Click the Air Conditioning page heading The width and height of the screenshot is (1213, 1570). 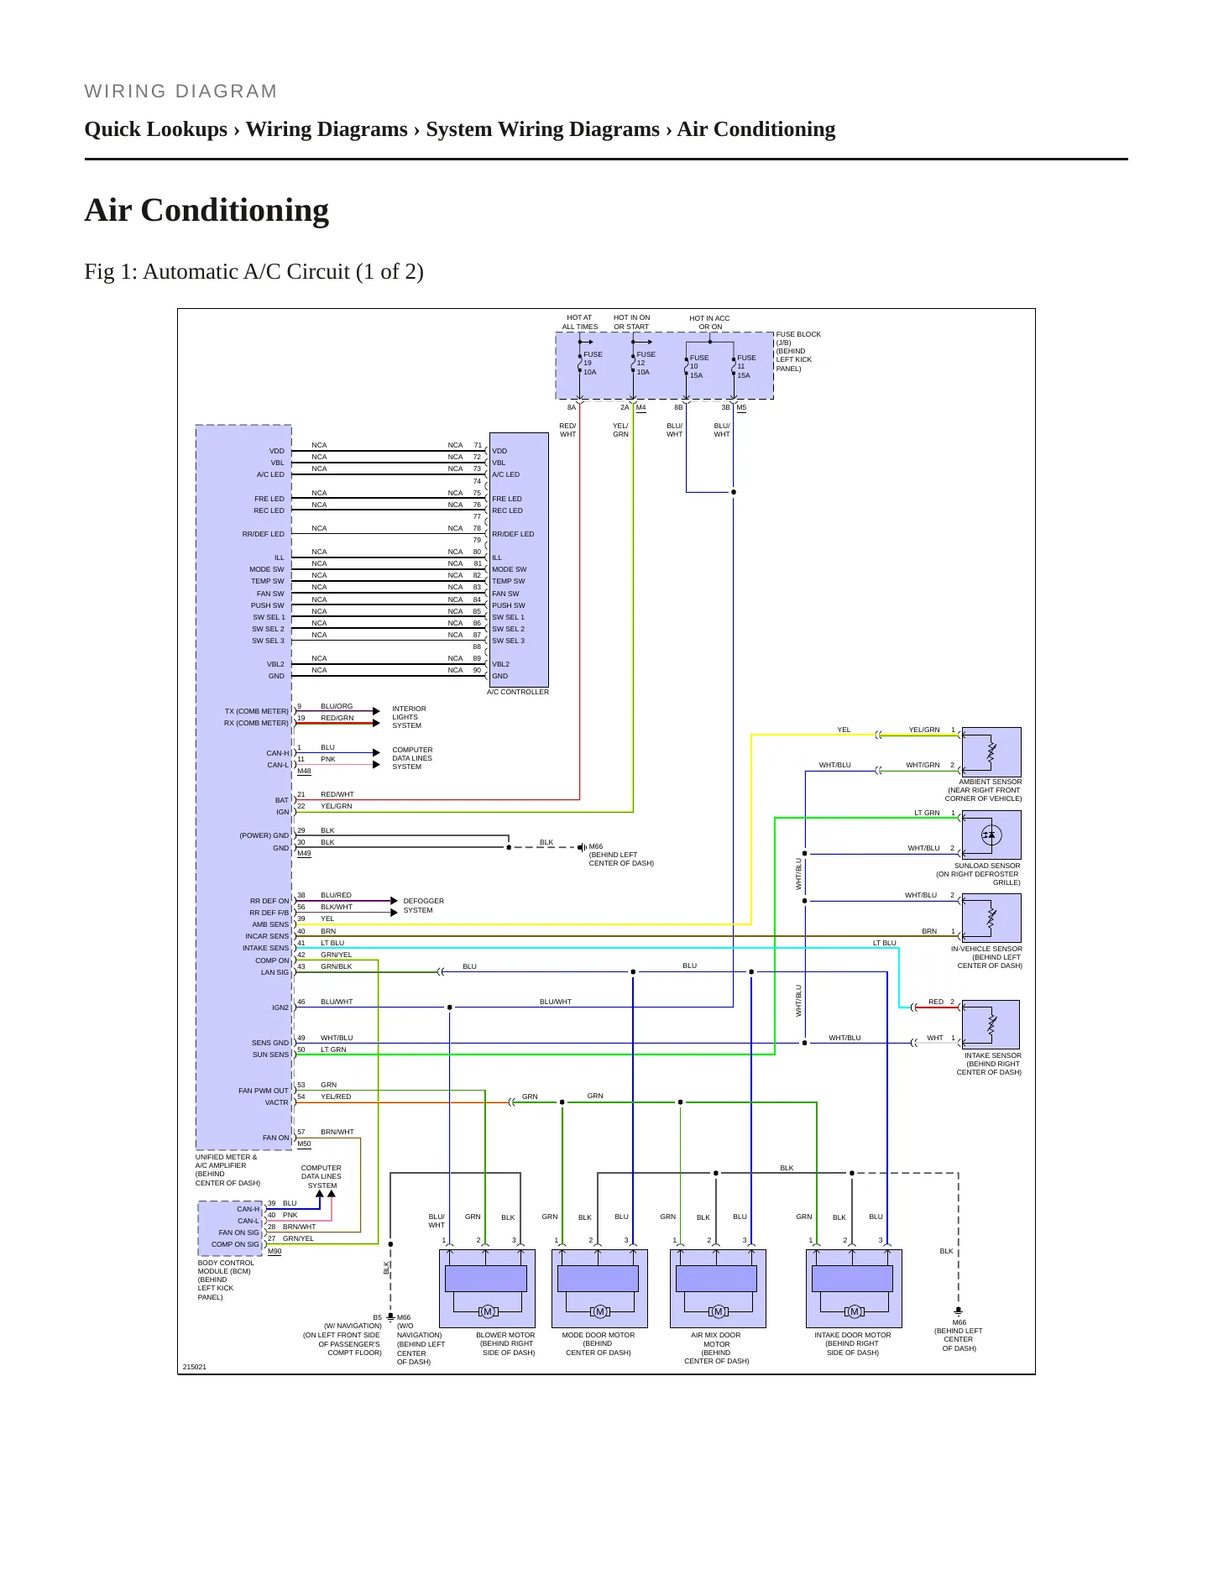pos(207,210)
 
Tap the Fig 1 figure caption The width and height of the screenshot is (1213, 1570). pos(254,271)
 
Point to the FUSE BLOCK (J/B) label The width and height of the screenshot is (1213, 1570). pos(798,351)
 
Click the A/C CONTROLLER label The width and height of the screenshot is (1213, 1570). pos(518,692)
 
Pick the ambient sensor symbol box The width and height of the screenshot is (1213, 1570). pos(991,751)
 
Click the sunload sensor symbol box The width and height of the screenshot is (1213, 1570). pos(991,835)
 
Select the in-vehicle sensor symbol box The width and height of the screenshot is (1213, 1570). pos(991,918)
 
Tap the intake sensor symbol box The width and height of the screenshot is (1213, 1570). pos(991,1024)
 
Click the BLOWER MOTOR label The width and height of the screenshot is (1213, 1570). pos(505,1343)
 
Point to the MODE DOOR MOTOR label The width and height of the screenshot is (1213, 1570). pos(599,1343)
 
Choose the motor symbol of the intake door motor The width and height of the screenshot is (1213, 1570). pos(854,1311)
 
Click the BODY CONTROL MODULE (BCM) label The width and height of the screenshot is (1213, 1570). pos(226,1280)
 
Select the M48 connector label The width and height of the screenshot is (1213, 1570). pos(304,771)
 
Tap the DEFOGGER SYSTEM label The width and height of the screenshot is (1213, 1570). pos(424,905)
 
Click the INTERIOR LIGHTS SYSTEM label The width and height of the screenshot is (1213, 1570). pos(409,717)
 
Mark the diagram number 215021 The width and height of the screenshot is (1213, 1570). pos(195,1367)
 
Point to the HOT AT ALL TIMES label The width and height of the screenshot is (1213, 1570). pos(580,322)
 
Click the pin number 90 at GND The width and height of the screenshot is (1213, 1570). pos(477,670)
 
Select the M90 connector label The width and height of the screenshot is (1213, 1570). pos(274,1251)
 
